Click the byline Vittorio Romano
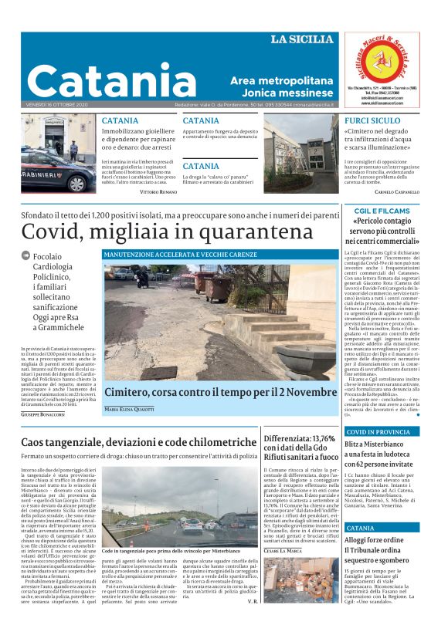coord(158,191)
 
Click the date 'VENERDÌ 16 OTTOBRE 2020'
coord(56,105)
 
